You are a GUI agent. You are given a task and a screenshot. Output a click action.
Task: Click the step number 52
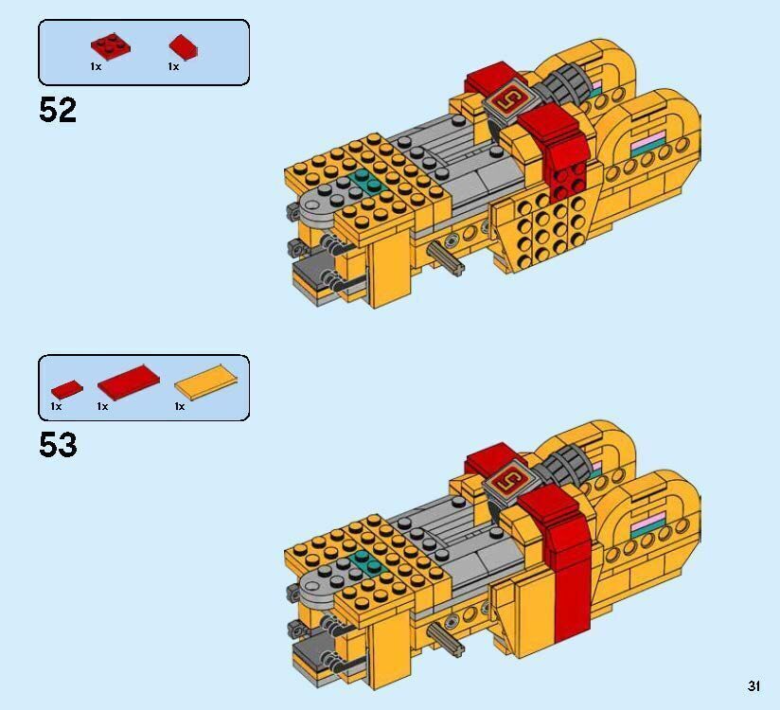click(x=58, y=111)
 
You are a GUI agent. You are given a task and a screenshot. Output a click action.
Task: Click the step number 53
click(x=58, y=444)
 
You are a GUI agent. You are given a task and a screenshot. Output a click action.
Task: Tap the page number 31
click(x=753, y=686)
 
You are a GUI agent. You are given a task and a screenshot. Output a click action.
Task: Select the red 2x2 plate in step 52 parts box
click(x=111, y=45)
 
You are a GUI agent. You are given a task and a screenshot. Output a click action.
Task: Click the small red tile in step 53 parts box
click(x=66, y=388)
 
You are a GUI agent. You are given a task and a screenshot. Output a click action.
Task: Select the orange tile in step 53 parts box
click(x=205, y=382)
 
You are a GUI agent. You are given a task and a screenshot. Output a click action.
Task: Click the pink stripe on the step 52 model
click(x=650, y=144)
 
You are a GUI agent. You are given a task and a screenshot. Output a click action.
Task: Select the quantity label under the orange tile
click(x=179, y=406)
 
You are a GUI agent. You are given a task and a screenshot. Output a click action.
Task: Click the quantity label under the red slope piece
click(x=173, y=67)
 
